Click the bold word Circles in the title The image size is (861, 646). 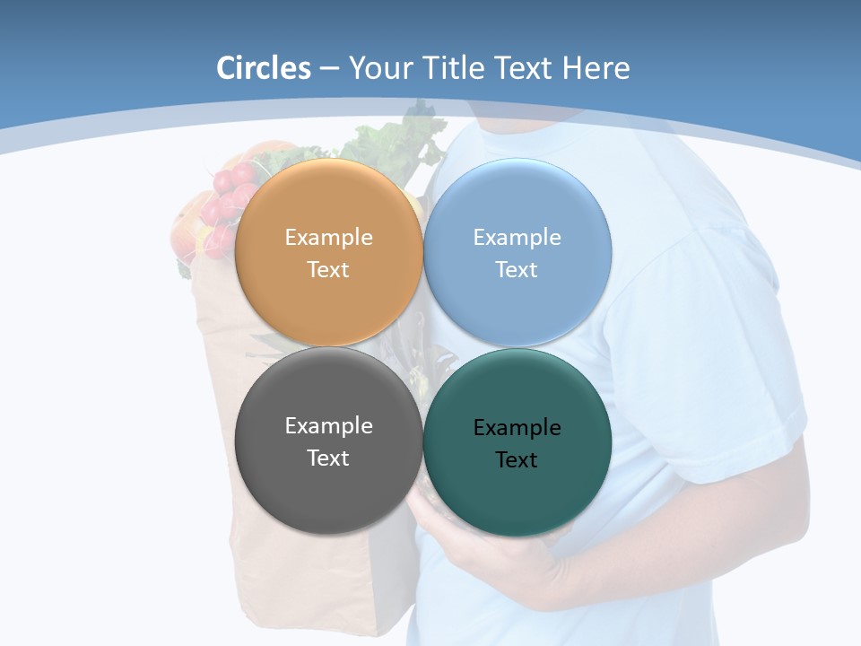pos(264,68)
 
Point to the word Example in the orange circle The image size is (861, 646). pos(328,238)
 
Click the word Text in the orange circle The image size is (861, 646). pos(328,270)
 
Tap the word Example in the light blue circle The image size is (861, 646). pos(517,238)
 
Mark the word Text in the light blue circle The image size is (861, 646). pos(517,270)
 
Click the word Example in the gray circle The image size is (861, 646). pos(328,426)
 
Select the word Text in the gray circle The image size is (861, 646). pos(328,458)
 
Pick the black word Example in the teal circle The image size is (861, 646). pos(517,428)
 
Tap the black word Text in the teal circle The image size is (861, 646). pos(517,460)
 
